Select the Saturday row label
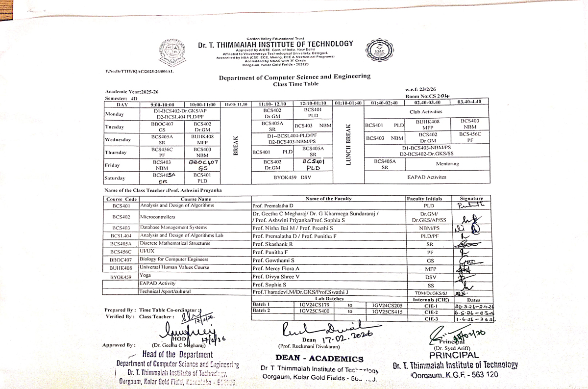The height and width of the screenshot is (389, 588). [x=115, y=178]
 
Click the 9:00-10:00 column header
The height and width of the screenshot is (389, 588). [x=166, y=104]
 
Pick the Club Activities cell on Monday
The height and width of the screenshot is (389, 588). [x=426, y=112]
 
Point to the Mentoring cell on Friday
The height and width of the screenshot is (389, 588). [x=447, y=164]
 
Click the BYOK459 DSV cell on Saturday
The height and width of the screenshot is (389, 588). [x=292, y=177]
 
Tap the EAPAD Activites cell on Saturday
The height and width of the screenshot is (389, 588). [x=426, y=177]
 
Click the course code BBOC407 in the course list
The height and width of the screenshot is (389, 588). [x=121, y=259]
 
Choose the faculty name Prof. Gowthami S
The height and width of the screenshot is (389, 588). [x=273, y=259]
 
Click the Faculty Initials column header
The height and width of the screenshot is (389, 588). [x=424, y=199]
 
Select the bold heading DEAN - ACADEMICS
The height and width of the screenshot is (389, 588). [x=319, y=359]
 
